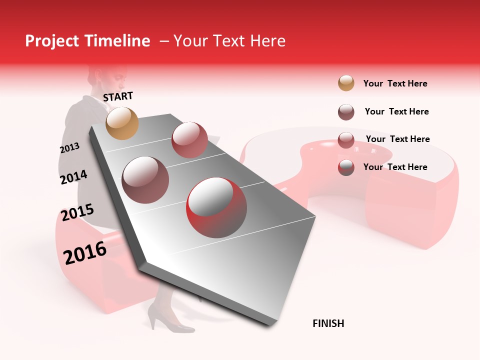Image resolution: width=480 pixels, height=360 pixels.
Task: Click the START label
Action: coord(118,96)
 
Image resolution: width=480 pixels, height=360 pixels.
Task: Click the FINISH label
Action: coord(328,323)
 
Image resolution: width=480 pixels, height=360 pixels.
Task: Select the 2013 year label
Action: coord(69,148)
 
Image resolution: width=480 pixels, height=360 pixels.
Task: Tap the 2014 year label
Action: coord(73,177)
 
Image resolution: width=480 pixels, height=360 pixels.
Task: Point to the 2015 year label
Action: coord(77,213)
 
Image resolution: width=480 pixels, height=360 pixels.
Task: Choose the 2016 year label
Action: coord(85,253)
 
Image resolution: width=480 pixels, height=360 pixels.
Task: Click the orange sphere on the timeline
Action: coord(122,123)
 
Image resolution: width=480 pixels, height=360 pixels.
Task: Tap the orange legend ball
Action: coord(345,83)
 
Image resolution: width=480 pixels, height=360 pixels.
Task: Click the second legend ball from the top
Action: coord(345,111)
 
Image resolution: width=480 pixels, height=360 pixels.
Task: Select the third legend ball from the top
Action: coord(345,139)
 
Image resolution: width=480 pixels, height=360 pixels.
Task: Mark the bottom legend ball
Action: coord(345,167)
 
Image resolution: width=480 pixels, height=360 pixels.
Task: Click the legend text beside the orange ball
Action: coord(395,83)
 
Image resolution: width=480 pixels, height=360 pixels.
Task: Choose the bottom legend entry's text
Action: coord(395,167)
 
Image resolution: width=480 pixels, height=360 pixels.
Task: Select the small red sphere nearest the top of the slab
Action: coord(189,139)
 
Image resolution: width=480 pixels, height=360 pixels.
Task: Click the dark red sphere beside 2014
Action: coord(145,179)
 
